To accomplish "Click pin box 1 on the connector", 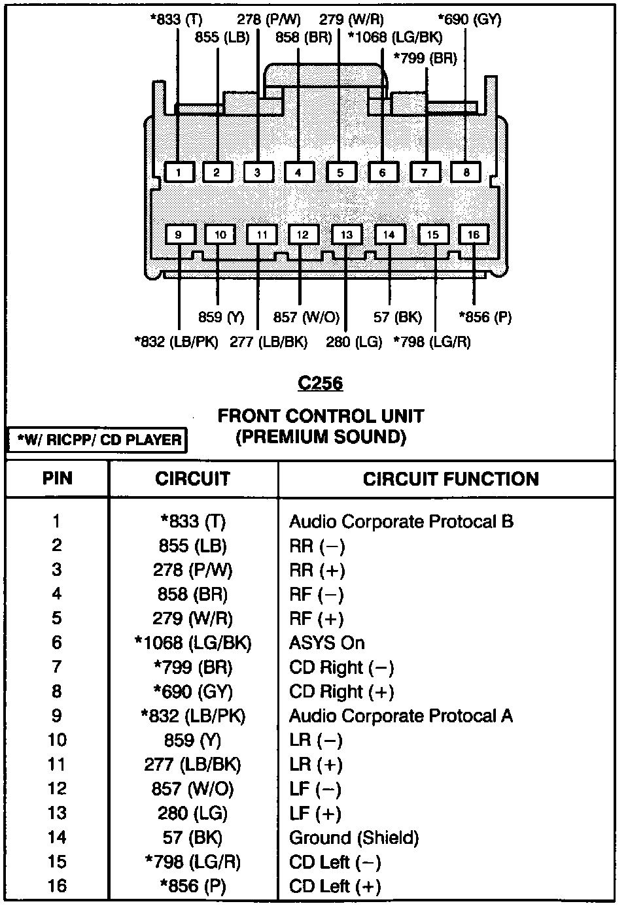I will pos(178,172).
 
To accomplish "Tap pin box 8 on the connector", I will pos(466,172).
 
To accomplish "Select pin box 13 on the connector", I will pos(346,235).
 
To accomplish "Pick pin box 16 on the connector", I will pos(473,235).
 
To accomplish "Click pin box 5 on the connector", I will pos(340,172).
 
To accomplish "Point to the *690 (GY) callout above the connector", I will pos(469,19).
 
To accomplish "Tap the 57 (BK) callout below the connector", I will pos(398,318).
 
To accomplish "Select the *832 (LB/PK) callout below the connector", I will pos(176,341).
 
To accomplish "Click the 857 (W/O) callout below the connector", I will pos(306,318).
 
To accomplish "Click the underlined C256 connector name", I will pos(320,382).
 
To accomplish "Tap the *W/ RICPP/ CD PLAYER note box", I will pos(97,440).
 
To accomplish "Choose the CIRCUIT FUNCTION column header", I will pos(451,479).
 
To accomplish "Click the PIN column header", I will pos(58,479).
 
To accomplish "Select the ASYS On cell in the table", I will pos(326,643).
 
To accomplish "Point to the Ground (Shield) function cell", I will pos(354,837).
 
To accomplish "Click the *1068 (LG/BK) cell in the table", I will pos(192,643).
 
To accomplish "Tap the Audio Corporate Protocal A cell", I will pos(400,716).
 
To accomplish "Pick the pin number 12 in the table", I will pos(57,789).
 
